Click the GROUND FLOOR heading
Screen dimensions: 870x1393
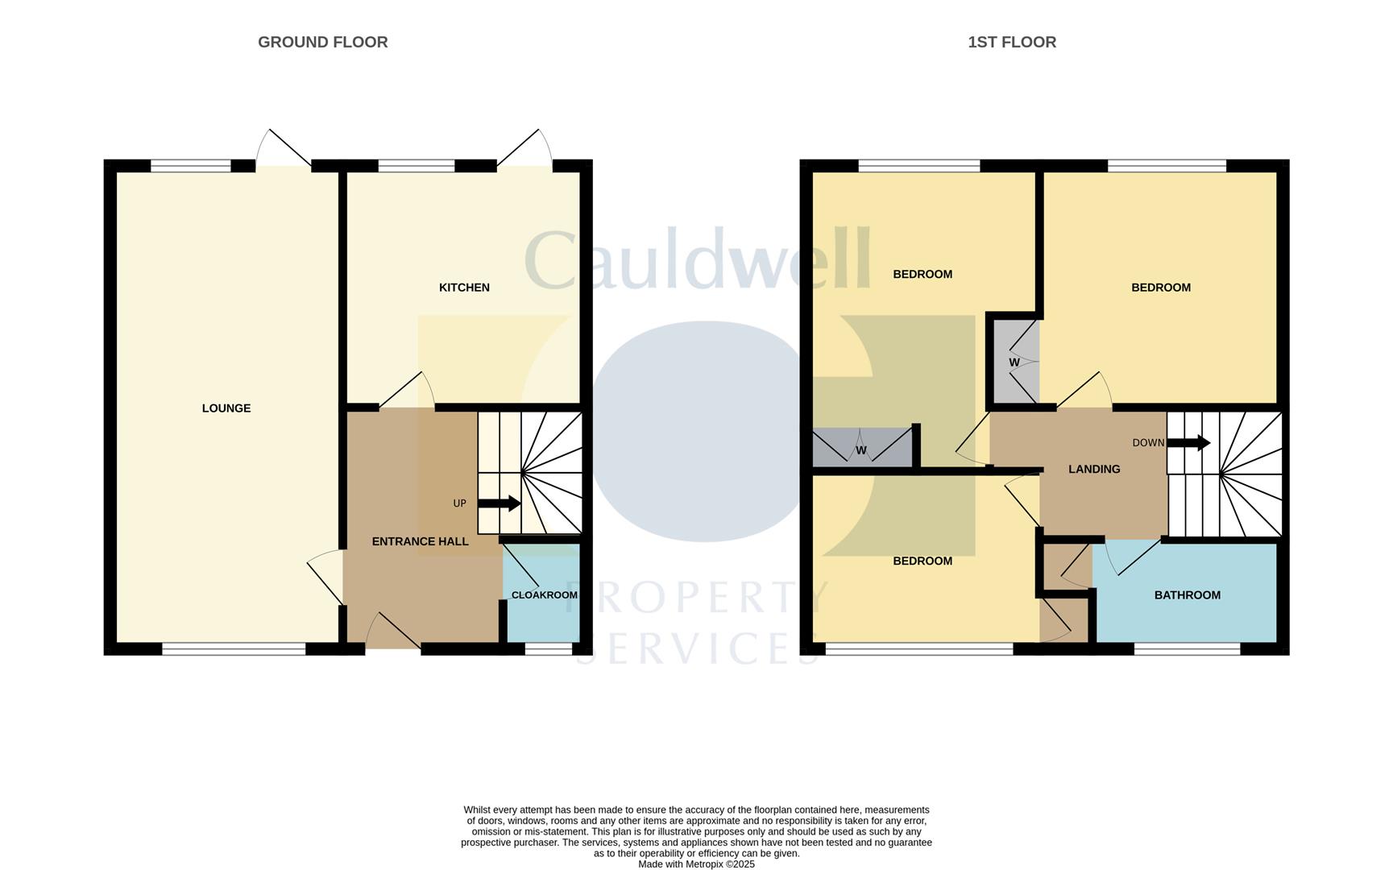point(322,42)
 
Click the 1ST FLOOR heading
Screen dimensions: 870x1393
point(1011,42)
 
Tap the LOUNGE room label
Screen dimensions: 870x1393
point(226,408)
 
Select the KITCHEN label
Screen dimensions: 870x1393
point(464,288)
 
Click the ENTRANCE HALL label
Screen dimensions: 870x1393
point(420,541)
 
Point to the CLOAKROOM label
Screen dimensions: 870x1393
point(544,595)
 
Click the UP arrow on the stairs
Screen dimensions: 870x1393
point(499,503)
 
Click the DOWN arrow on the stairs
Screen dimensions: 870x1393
point(1189,442)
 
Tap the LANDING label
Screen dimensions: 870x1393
point(1093,469)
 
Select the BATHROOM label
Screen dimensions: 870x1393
point(1187,595)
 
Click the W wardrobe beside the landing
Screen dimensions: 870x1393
point(1014,362)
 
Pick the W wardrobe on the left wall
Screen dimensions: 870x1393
point(861,449)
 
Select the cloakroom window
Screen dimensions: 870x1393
point(548,648)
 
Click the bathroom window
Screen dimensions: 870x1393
point(1187,648)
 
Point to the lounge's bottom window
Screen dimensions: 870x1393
point(234,648)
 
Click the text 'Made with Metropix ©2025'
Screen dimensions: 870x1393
point(696,864)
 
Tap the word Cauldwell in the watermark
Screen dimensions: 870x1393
point(698,259)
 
